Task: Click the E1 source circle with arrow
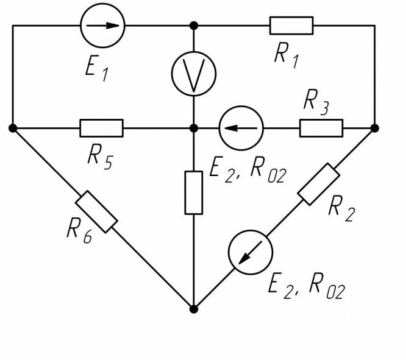pyautogui.click(x=102, y=26)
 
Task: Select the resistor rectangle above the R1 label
pyautogui.click(x=291, y=26)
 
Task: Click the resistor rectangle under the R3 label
pyautogui.click(x=321, y=129)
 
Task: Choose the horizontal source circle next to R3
pyautogui.click(x=241, y=129)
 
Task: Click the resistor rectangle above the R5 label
pyautogui.click(x=101, y=129)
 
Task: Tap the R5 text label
pyautogui.click(x=102, y=156)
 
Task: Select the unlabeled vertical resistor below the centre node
pyautogui.click(x=193, y=192)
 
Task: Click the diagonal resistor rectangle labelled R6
pyautogui.click(x=96, y=211)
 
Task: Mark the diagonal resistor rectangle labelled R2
pyautogui.click(x=319, y=184)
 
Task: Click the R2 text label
pyautogui.click(x=342, y=208)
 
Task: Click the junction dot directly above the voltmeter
pyautogui.click(x=193, y=26)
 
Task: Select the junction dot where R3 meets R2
pyautogui.click(x=374, y=129)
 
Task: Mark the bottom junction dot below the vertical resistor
pyautogui.click(x=193, y=309)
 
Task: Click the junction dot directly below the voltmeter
pyautogui.click(x=193, y=129)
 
